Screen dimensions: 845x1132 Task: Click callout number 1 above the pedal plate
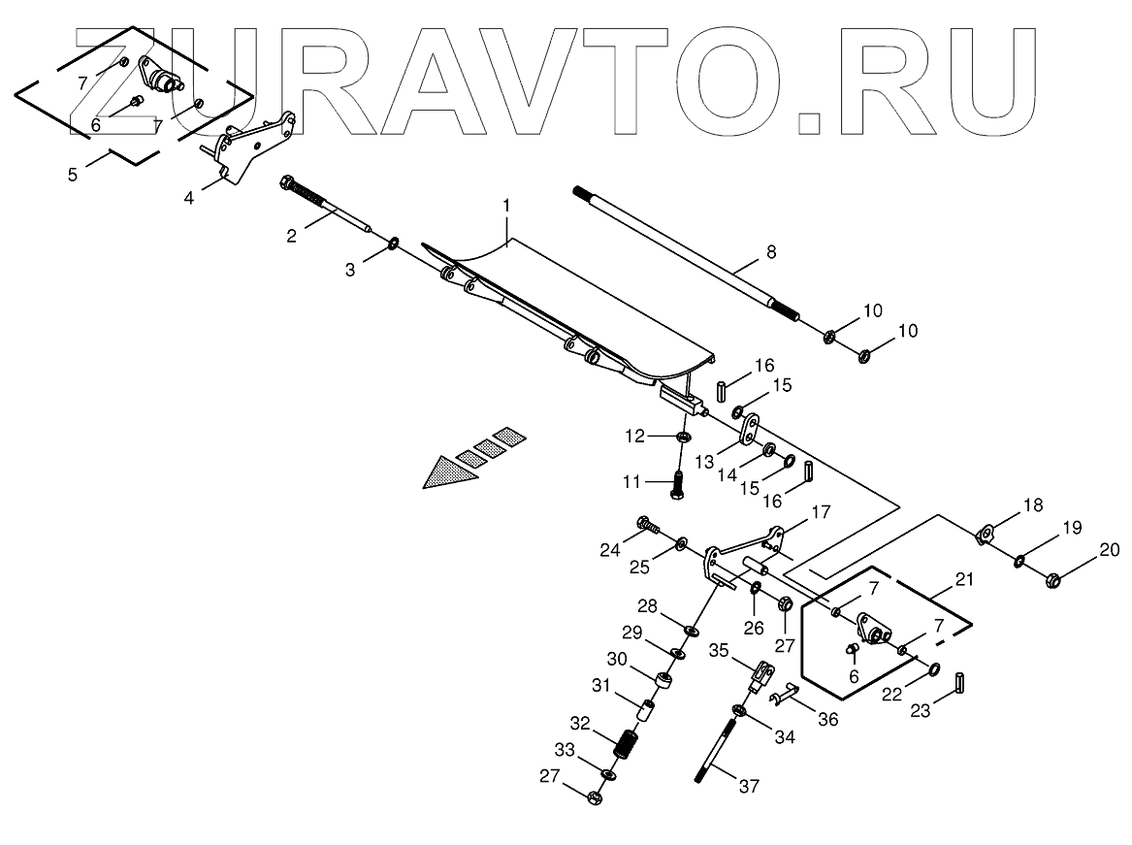point(506,206)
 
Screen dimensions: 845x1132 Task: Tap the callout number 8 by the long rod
point(771,252)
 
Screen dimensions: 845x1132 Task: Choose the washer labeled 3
point(395,243)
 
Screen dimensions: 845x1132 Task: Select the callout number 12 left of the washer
point(633,437)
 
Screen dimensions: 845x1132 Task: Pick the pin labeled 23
point(959,683)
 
